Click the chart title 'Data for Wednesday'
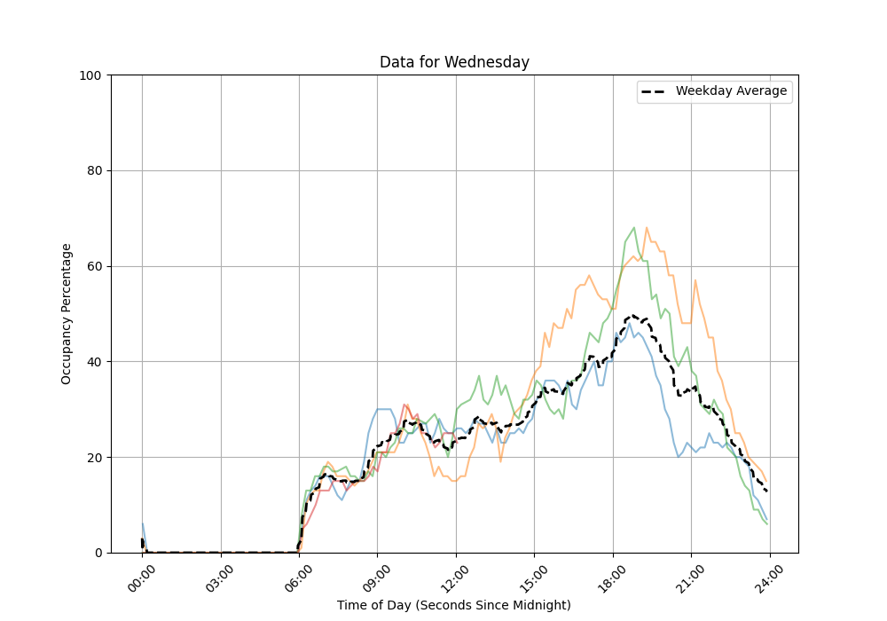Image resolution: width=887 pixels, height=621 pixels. [x=454, y=62]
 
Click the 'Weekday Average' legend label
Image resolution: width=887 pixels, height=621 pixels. [x=731, y=91]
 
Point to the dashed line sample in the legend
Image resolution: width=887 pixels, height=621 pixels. [x=655, y=91]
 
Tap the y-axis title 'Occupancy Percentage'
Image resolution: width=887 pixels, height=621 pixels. [x=67, y=313]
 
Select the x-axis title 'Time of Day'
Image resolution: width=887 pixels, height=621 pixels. [x=453, y=605]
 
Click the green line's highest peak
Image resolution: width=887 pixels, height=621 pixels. [x=633, y=227]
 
